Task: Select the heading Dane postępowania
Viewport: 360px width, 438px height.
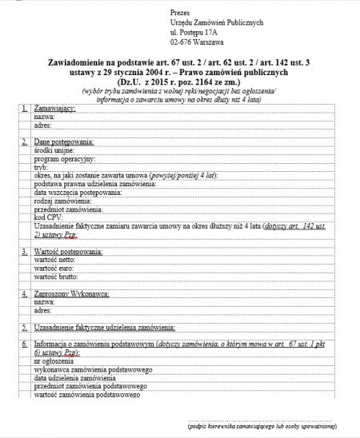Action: pyautogui.click(x=63, y=141)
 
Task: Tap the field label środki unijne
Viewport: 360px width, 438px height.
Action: pyautogui.click(x=54, y=149)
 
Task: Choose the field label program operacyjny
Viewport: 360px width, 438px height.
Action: pyautogui.click(x=62, y=158)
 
